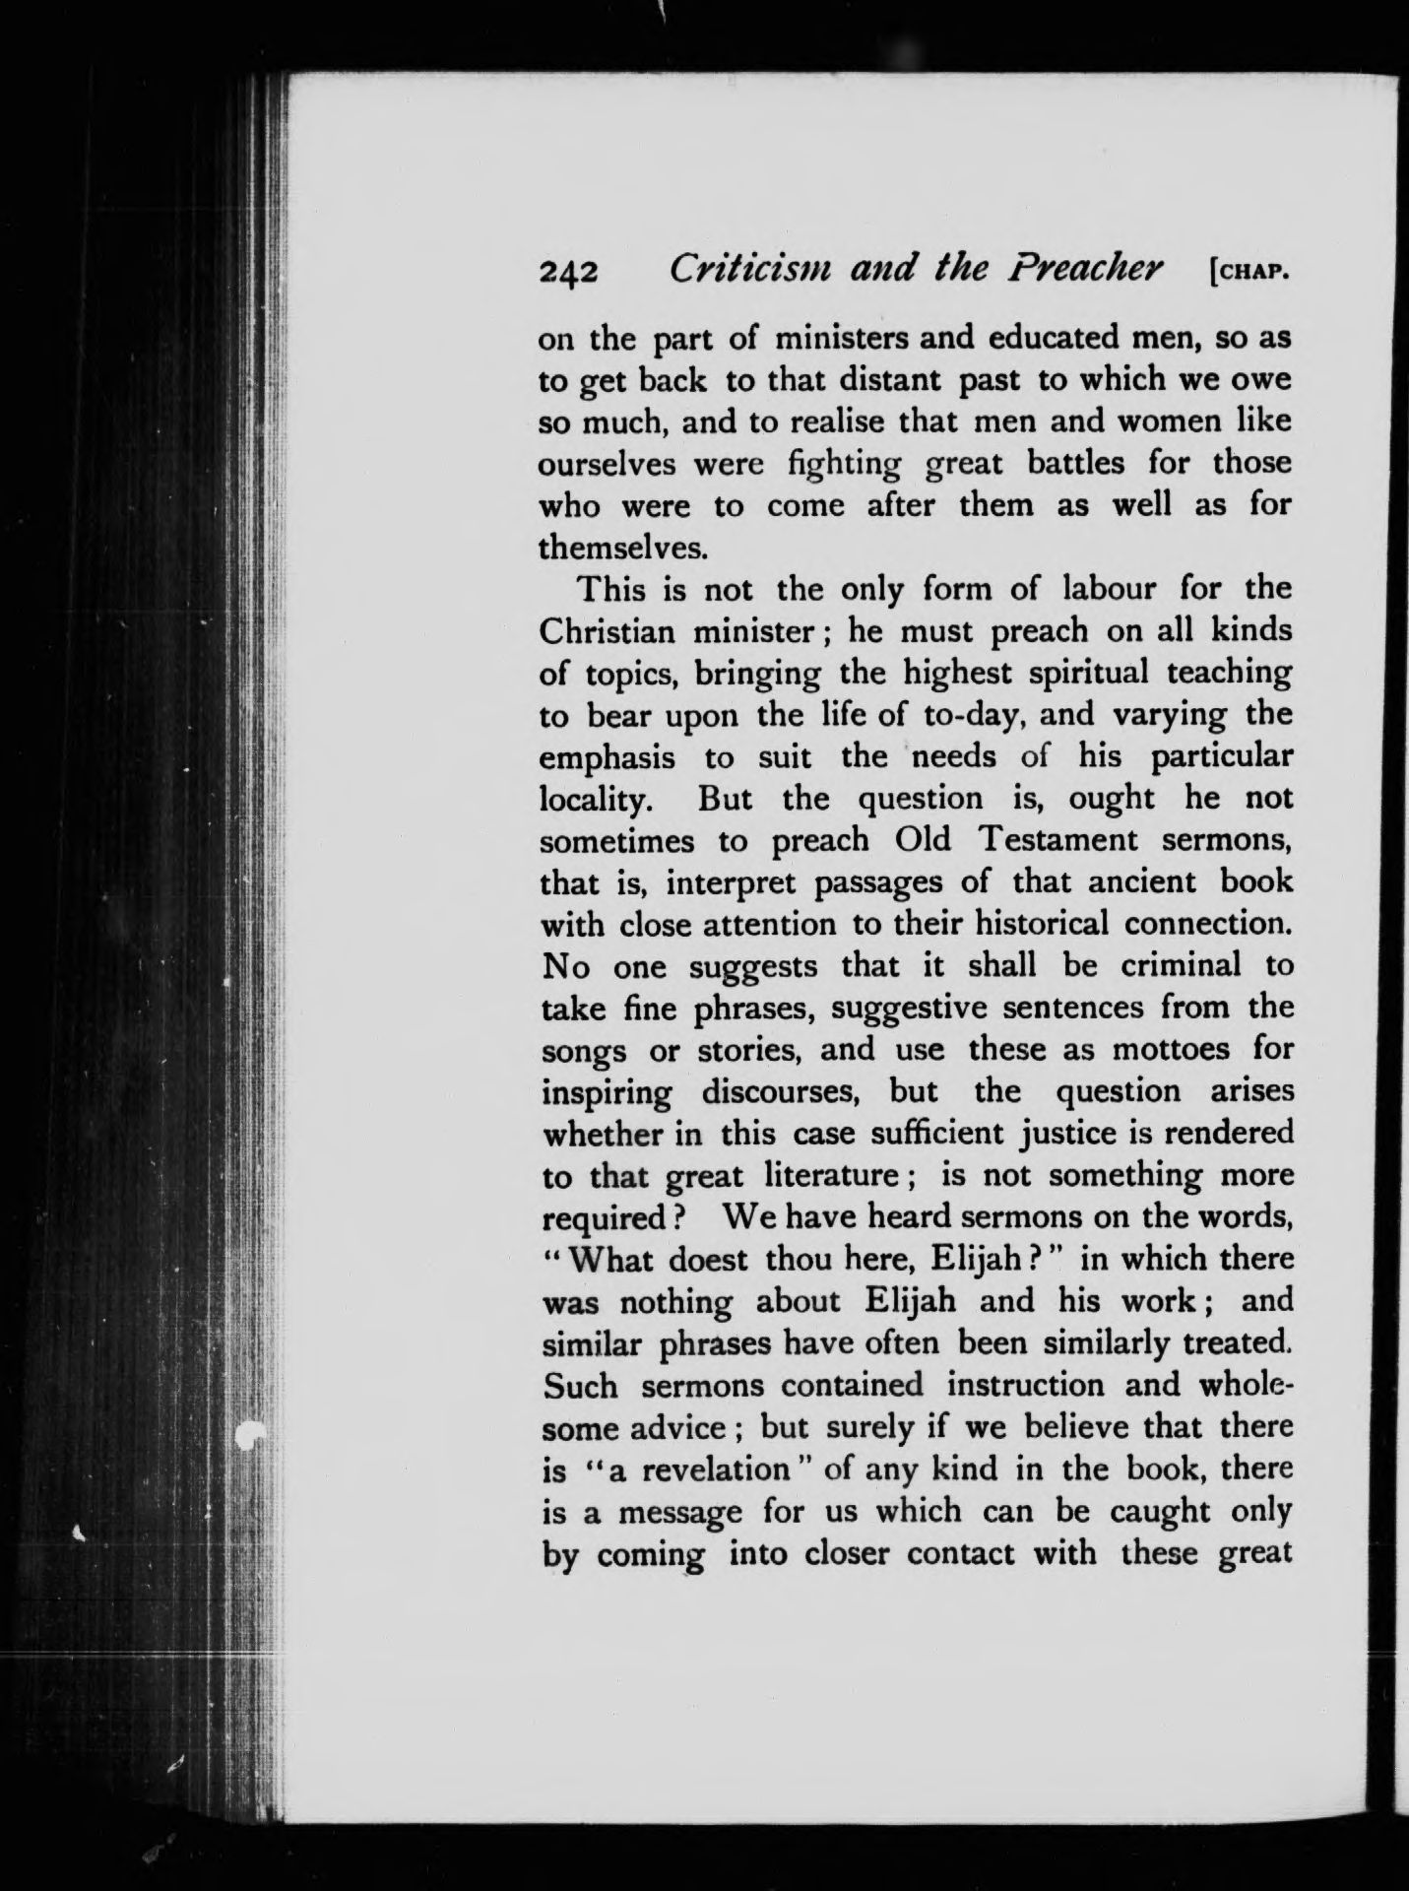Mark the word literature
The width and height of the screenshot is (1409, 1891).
point(830,1176)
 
